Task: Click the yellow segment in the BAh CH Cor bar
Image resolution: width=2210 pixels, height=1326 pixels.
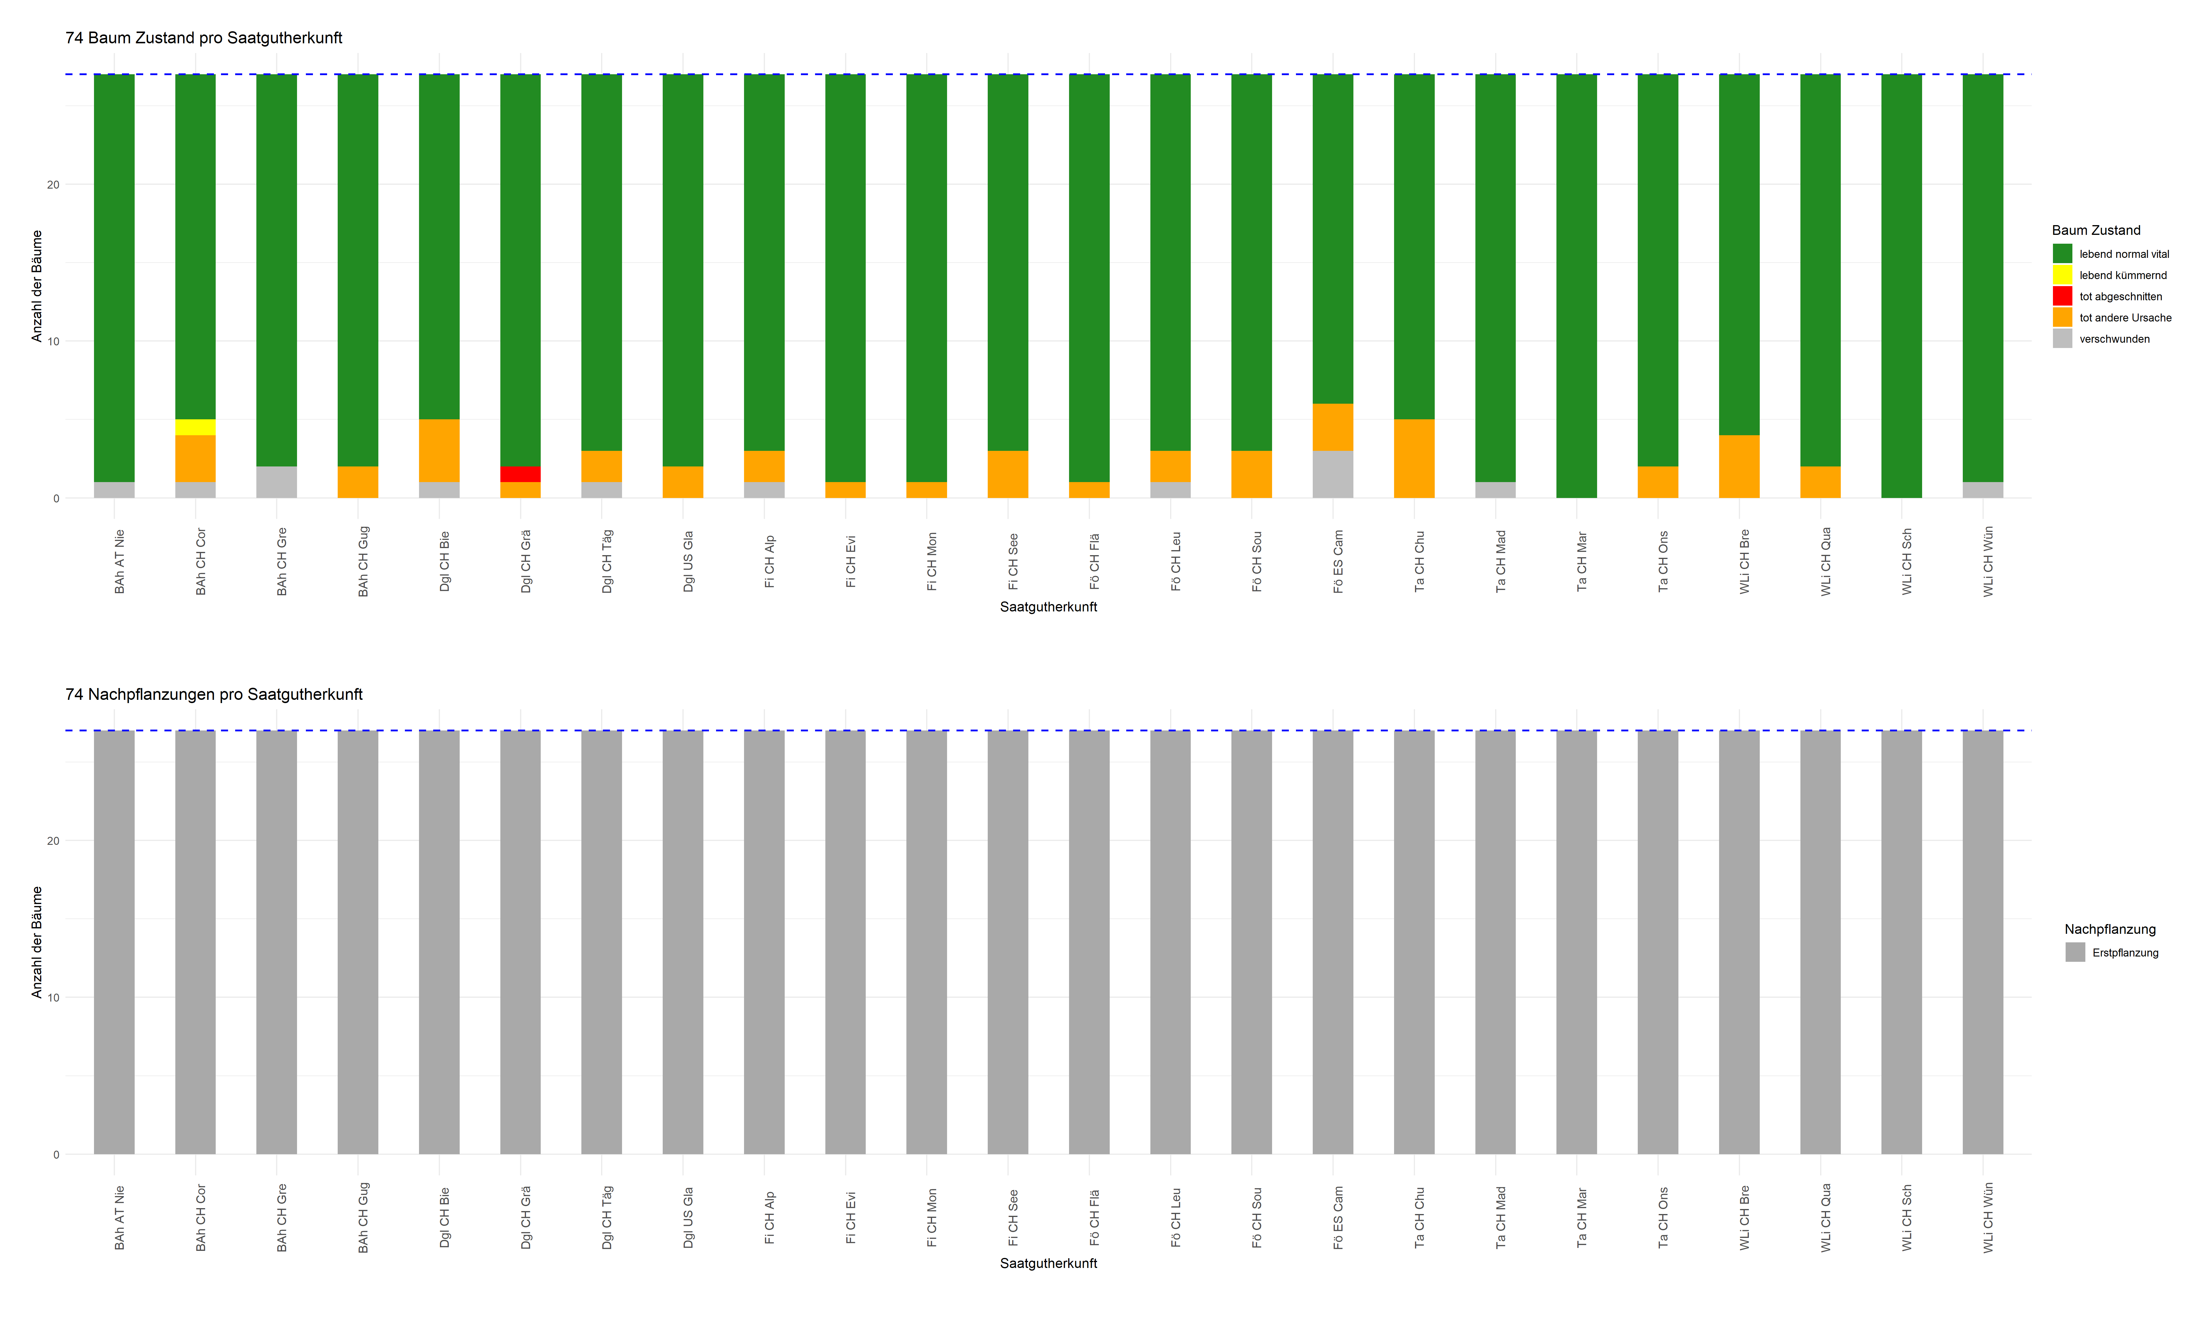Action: (x=195, y=427)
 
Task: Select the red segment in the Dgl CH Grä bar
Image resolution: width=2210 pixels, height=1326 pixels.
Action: (x=520, y=474)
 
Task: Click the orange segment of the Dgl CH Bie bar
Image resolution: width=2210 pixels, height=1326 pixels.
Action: (x=438, y=450)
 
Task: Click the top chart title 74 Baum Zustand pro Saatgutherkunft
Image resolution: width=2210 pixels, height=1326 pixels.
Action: (x=204, y=37)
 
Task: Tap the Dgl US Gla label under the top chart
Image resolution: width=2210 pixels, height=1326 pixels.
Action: (x=688, y=561)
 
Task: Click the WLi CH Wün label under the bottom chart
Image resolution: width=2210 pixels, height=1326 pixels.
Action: (x=1988, y=1217)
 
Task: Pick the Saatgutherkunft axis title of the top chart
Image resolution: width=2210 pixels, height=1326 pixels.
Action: (x=1048, y=607)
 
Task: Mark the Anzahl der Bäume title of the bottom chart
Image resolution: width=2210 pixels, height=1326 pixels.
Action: (x=37, y=942)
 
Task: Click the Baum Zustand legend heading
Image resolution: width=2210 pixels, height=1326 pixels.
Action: (x=2096, y=230)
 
